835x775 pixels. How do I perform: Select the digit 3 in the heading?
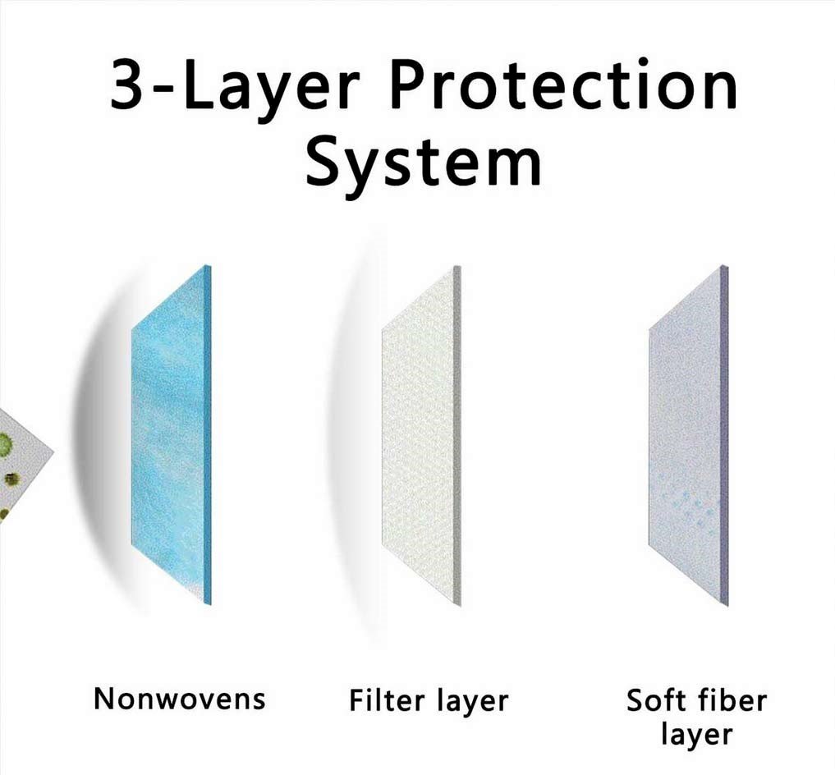126,85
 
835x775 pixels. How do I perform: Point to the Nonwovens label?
180,699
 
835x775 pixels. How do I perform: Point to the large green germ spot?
5,442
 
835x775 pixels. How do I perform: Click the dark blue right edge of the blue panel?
208,434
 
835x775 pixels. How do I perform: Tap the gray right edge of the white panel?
457,436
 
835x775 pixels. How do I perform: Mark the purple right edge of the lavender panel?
724,436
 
